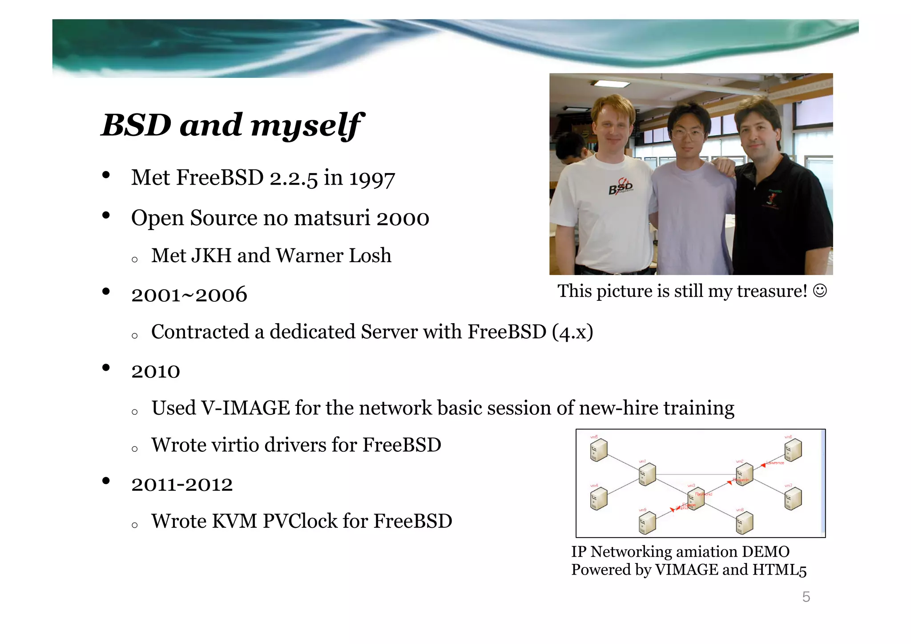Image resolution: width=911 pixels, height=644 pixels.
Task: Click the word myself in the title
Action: [307, 126]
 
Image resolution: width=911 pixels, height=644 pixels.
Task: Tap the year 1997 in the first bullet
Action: [372, 178]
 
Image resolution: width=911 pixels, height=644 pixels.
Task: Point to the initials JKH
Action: [211, 256]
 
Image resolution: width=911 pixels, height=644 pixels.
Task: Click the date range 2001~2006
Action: [189, 295]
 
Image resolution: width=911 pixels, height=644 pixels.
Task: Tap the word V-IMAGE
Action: [246, 408]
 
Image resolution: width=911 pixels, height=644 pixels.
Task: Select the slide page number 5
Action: [806, 597]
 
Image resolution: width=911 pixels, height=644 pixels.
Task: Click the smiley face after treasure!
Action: [820, 291]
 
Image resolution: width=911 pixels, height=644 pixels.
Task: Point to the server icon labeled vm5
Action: [599, 450]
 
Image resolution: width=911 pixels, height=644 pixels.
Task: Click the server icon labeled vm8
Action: [744, 523]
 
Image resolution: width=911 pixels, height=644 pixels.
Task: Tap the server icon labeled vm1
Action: [647, 474]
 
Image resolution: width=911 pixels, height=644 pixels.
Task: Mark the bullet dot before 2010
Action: [106, 368]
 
